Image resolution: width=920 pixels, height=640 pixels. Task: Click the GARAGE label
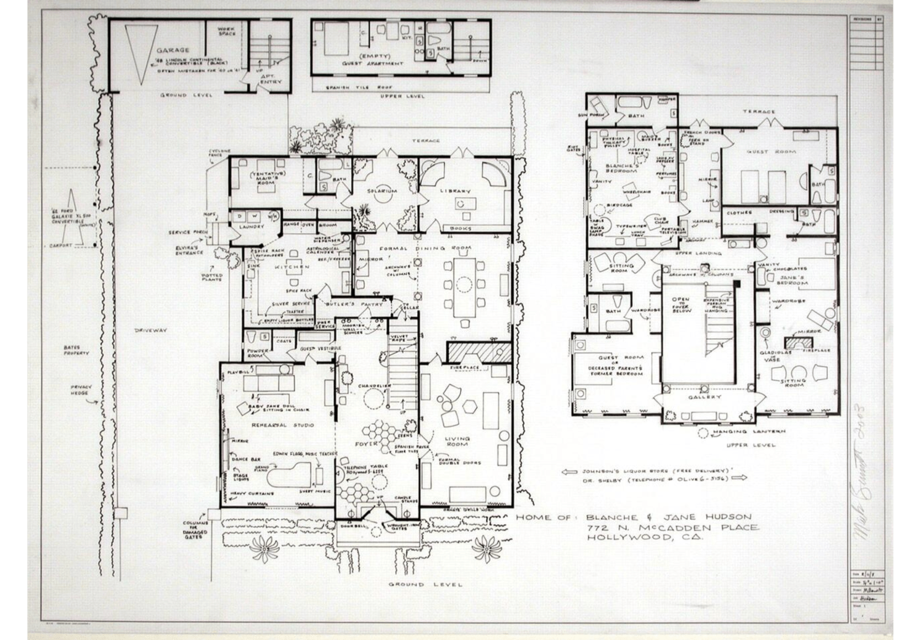[x=173, y=50]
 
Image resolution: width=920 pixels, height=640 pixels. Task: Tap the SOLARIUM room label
[x=381, y=191]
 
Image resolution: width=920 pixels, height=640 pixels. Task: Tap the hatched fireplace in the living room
[x=479, y=352]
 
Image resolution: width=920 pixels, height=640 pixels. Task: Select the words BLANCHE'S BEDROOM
[x=622, y=168]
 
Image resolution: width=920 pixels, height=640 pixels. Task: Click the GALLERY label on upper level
[x=704, y=397]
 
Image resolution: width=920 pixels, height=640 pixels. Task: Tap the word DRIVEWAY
[x=151, y=330]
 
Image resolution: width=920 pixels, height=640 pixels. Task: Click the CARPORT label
[x=61, y=246]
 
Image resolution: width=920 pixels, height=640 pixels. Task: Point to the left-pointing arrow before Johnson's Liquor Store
[x=569, y=472]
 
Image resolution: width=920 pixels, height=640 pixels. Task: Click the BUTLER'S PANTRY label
[x=354, y=305]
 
